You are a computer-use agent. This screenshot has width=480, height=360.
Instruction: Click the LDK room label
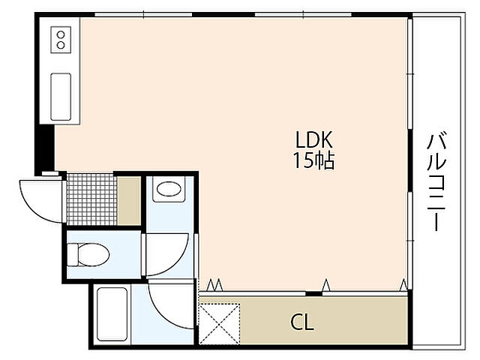click(313, 139)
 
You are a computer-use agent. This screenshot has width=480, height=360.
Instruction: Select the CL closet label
click(301, 322)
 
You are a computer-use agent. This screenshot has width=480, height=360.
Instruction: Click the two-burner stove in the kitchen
click(61, 40)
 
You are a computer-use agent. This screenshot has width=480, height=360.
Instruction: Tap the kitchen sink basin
click(61, 97)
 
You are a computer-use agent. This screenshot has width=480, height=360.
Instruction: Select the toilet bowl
click(88, 254)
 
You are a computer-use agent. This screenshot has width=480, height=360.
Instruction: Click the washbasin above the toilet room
click(169, 189)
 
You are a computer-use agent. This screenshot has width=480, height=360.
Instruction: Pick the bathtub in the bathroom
click(112, 314)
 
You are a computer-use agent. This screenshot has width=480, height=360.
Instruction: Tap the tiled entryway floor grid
click(91, 199)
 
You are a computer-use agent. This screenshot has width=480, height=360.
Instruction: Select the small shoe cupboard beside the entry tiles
click(129, 201)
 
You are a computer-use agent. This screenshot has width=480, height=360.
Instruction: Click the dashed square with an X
click(219, 323)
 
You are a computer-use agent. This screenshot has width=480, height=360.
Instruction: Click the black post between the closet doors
click(313, 294)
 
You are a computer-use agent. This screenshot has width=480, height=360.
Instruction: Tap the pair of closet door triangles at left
click(214, 285)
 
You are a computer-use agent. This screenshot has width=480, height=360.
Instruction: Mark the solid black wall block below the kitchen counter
click(45, 148)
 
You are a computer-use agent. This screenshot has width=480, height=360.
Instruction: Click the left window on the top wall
click(143, 14)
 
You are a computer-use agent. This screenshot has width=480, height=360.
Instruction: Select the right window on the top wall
click(303, 14)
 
